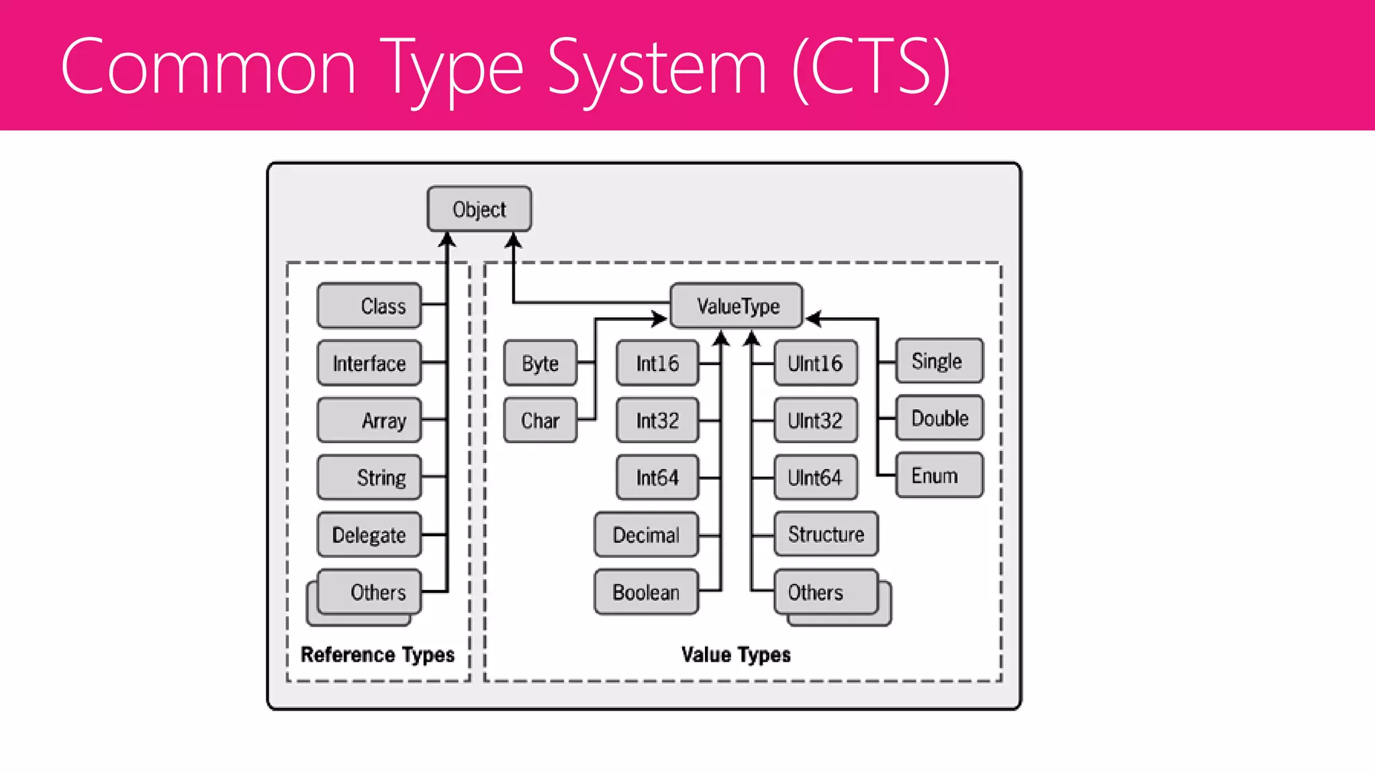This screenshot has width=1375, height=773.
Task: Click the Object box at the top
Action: pyautogui.click(x=479, y=209)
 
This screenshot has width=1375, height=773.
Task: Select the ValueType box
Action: pyautogui.click(x=737, y=306)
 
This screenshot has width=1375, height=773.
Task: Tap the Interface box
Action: pyautogui.click(x=369, y=363)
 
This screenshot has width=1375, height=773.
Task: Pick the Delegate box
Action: pyautogui.click(x=369, y=535)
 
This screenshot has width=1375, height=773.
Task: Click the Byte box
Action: pyautogui.click(x=540, y=363)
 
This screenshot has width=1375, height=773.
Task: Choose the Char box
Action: pyautogui.click(x=540, y=420)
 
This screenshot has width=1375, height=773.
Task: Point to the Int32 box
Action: pyautogui.click(x=657, y=420)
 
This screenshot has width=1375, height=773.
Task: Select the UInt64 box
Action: pyautogui.click(x=815, y=477)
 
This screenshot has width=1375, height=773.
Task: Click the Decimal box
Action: pyautogui.click(x=646, y=535)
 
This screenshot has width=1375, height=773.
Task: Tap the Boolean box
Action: pyautogui.click(x=646, y=592)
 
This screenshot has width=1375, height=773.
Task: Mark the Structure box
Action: pyautogui.click(x=826, y=534)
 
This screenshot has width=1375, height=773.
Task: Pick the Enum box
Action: pyautogui.click(x=939, y=475)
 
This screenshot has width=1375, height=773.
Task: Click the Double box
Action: pyautogui.click(x=939, y=418)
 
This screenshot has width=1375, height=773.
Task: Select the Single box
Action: pyautogui.click(x=939, y=361)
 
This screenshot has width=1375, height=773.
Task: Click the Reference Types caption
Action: pyautogui.click(x=377, y=654)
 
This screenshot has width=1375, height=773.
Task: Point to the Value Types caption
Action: pyautogui.click(x=736, y=654)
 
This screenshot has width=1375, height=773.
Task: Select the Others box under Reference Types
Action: pyautogui.click(x=369, y=592)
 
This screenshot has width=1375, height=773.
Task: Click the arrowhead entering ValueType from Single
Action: pyautogui.click(x=813, y=319)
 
